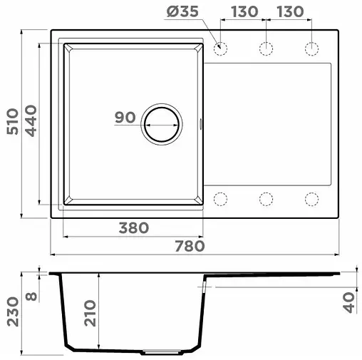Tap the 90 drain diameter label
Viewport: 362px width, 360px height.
(x=125, y=118)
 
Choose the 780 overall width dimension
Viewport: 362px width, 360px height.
(x=190, y=246)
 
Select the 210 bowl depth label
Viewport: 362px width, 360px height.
(x=89, y=312)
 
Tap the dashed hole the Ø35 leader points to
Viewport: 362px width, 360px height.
(x=220, y=48)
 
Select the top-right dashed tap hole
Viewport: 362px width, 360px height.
(x=312, y=48)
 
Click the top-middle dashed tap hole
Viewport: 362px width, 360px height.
(x=267, y=48)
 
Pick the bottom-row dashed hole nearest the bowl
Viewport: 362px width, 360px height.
(x=220, y=197)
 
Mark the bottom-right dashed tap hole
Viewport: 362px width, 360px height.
(x=312, y=197)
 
